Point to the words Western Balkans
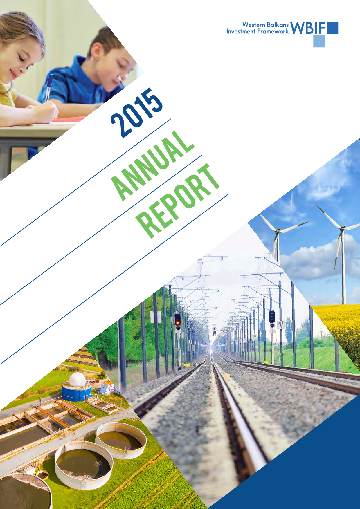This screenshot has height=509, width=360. (x=265, y=25)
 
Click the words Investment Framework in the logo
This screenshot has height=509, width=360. (x=258, y=31)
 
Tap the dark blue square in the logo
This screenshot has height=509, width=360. (x=332, y=28)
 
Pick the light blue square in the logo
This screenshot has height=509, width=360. (x=319, y=41)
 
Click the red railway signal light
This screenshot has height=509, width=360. (x=177, y=322)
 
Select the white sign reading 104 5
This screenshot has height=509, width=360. (x=280, y=325)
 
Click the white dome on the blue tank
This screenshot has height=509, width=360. (x=77, y=379)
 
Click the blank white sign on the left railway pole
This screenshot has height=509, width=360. (x=156, y=317)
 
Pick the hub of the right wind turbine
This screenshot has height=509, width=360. (x=343, y=229)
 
